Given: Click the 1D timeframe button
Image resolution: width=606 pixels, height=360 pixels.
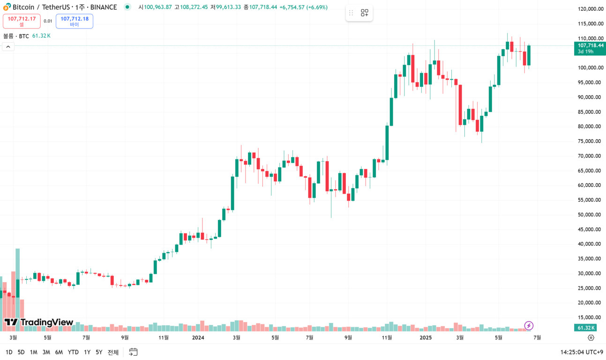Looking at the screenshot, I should point(9,352).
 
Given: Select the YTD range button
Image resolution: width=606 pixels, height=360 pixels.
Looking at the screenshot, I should point(73,352).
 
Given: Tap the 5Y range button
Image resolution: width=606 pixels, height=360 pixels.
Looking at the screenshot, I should point(99,352).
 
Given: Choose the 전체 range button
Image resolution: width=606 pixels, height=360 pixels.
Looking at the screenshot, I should point(113,352).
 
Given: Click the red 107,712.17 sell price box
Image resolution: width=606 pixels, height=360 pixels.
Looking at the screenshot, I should point(22,21).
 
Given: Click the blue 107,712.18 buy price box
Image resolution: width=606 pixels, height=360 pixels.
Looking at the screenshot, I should point(75,21).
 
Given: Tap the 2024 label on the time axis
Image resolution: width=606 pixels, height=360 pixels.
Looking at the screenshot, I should point(198,337).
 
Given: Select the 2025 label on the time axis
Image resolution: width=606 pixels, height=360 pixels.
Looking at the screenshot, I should point(426,337).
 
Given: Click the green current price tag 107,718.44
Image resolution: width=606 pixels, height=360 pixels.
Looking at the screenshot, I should point(590,48).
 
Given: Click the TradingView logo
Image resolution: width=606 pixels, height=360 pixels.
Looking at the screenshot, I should point(39,322).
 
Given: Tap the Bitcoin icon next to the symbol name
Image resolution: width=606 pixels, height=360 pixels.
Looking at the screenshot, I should point(7,7).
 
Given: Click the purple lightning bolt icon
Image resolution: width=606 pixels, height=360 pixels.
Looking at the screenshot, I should point(529,325).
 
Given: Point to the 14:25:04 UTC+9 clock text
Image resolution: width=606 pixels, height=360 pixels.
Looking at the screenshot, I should point(581,352).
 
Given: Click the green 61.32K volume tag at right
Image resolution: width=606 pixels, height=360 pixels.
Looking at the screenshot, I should point(586,328).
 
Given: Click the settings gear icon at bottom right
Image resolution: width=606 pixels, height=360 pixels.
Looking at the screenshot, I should point(591,337).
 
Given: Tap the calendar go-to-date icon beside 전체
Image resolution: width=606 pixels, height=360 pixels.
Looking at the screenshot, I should point(133,352).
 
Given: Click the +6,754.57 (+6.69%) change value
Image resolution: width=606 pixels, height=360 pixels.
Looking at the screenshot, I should point(303,7).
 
